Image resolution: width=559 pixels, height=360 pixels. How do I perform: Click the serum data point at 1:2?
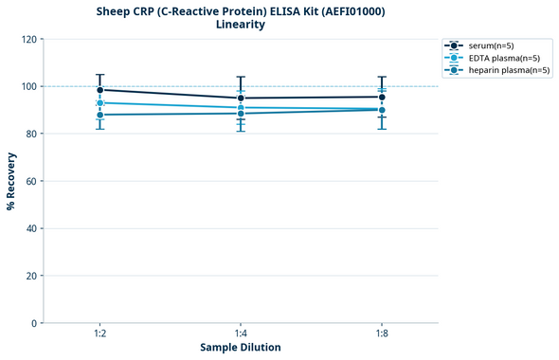point(99,90)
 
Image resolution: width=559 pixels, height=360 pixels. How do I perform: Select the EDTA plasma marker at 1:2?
point(99,102)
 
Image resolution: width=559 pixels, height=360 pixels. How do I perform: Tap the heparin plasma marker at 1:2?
point(99,115)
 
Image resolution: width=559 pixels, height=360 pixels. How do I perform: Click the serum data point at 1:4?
point(241,98)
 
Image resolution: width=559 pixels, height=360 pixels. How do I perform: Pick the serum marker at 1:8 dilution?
point(382,97)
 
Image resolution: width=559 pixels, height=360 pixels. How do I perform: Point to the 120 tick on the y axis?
point(28,39)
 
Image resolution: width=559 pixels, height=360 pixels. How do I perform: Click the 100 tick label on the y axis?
point(28,86)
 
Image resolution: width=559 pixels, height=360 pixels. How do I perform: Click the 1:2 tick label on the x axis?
point(99,333)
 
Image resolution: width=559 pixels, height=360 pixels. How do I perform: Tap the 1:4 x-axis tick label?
point(241,333)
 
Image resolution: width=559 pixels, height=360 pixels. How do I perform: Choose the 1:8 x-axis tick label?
point(382,333)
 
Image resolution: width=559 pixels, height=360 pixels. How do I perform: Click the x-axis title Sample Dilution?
point(241,348)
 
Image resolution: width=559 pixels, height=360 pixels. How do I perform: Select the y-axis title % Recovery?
point(10,181)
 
